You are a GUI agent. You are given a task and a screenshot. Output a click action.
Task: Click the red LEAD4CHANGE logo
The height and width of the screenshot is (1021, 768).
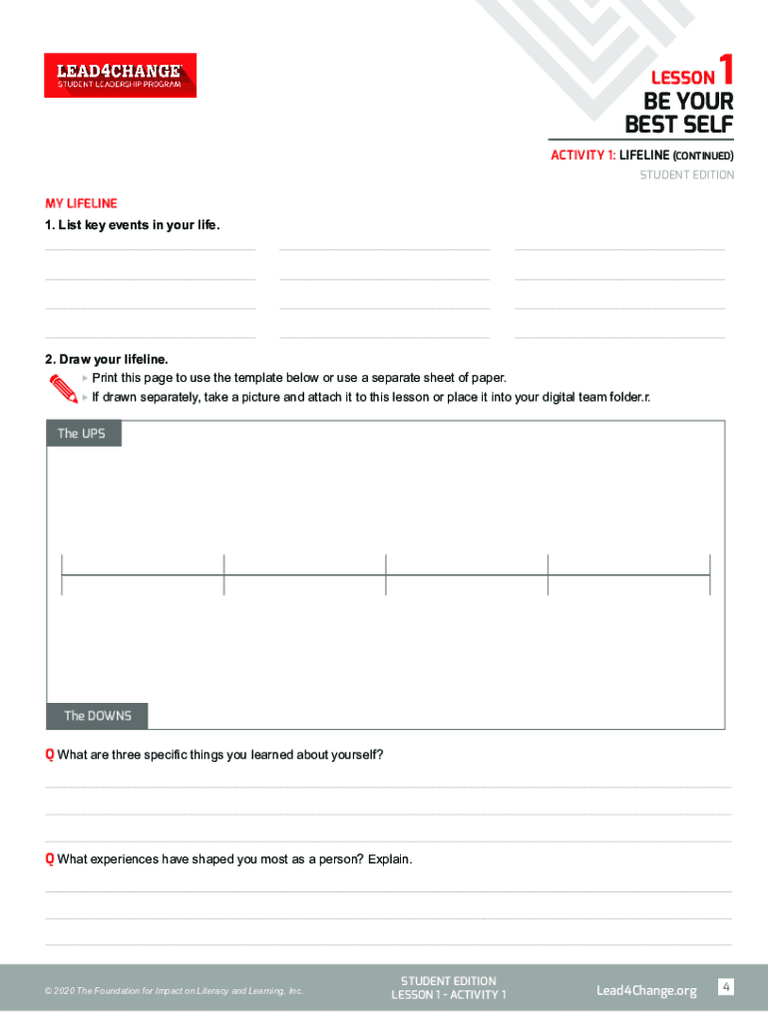[120, 75]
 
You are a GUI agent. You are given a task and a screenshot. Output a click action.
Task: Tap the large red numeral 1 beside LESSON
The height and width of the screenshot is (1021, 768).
[726, 71]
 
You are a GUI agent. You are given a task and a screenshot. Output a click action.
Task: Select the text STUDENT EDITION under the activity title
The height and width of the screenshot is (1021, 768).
[686, 175]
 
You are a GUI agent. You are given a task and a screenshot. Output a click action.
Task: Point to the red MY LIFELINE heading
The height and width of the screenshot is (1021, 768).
[81, 203]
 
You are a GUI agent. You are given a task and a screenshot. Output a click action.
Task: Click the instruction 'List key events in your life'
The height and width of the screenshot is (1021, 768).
[132, 225]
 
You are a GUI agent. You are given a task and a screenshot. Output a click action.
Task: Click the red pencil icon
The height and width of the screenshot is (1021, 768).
[62, 389]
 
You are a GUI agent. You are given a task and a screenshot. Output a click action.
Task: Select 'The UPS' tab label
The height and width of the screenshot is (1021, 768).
[83, 434]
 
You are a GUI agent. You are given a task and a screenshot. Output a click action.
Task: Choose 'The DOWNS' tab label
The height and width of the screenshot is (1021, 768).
[97, 716]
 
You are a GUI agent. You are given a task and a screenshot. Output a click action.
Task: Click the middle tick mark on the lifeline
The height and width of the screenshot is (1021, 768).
[386, 575]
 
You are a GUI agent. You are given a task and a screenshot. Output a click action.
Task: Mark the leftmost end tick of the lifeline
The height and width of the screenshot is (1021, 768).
[62, 575]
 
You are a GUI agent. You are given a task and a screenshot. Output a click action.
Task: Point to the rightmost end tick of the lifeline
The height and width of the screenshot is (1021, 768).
[709, 575]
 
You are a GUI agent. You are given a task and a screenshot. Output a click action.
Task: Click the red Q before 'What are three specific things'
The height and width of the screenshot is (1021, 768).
[49, 755]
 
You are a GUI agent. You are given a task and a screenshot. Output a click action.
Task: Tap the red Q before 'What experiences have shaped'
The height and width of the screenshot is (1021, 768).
[49, 859]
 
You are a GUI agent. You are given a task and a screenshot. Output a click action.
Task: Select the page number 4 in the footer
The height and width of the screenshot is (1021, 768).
[726, 987]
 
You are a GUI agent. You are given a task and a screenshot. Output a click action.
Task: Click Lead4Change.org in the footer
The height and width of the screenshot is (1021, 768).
[646, 990]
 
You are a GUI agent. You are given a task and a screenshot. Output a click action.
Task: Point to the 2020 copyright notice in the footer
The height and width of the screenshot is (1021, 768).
[174, 991]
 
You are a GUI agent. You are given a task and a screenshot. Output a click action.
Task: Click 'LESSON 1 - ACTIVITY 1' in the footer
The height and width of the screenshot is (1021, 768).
[448, 995]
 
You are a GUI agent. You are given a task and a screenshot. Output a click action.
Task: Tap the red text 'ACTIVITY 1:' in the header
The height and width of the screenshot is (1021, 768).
[582, 156]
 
